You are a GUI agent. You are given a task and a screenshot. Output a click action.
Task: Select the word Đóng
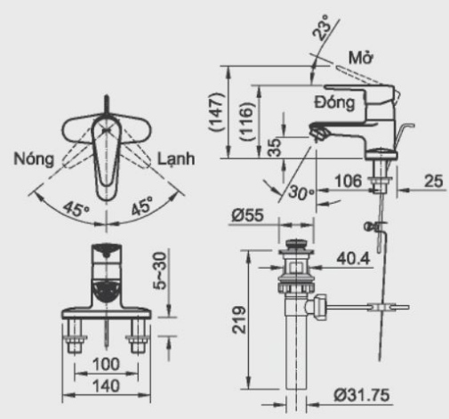click(335, 102)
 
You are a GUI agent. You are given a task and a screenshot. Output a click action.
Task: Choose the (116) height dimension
click(247, 121)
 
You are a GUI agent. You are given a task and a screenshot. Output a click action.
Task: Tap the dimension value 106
click(348, 181)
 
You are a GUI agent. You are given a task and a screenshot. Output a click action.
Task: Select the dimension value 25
click(433, 181)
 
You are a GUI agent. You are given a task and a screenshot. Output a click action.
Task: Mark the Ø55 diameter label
click(247, 214)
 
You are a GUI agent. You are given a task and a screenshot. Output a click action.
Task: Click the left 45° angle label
click(77, 209)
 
